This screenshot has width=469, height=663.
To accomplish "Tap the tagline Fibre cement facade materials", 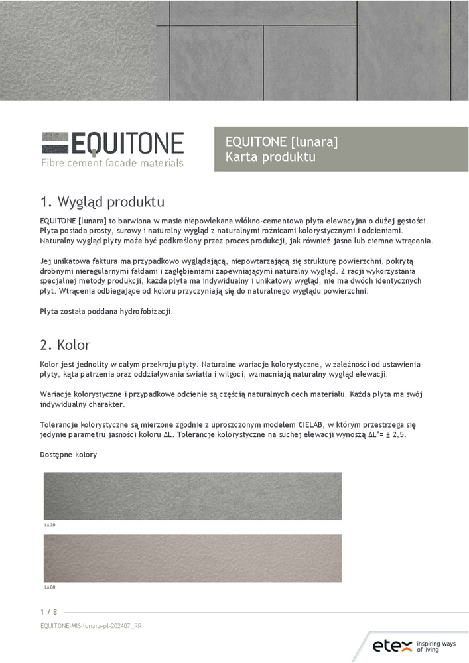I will pyautogui.click(x=112, y=162).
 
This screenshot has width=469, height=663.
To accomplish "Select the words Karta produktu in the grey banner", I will pyautogui.click(x=270, y=157).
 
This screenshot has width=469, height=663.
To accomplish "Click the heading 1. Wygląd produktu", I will pyautogui.click(x=102, y=201).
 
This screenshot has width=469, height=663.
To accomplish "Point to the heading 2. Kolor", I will pyautogui.click(x=65, y=345).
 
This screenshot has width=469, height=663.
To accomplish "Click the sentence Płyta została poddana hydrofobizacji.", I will pyautogui.click(x=106, y=311).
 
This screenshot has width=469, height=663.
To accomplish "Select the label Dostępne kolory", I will pyautogui.click(x=68, y=455).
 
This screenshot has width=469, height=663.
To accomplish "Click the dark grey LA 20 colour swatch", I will pyautogui.click(x=192, y=496).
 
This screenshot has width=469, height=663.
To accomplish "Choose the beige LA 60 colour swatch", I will pyautogui.click(x=192, y=558).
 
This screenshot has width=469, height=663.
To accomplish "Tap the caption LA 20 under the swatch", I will pyautogui.click(x=49, y=524).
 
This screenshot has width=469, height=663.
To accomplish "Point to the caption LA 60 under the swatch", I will pyautogui.click(x=49, y=587).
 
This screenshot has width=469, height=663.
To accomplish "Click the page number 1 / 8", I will pyautogui.click(x=48, y=611).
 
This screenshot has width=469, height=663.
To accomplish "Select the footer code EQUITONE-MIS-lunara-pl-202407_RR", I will pyautogui.click(x=91, y=625).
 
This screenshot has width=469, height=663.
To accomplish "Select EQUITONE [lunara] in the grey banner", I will pyautogui.click(x=281, y=141).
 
